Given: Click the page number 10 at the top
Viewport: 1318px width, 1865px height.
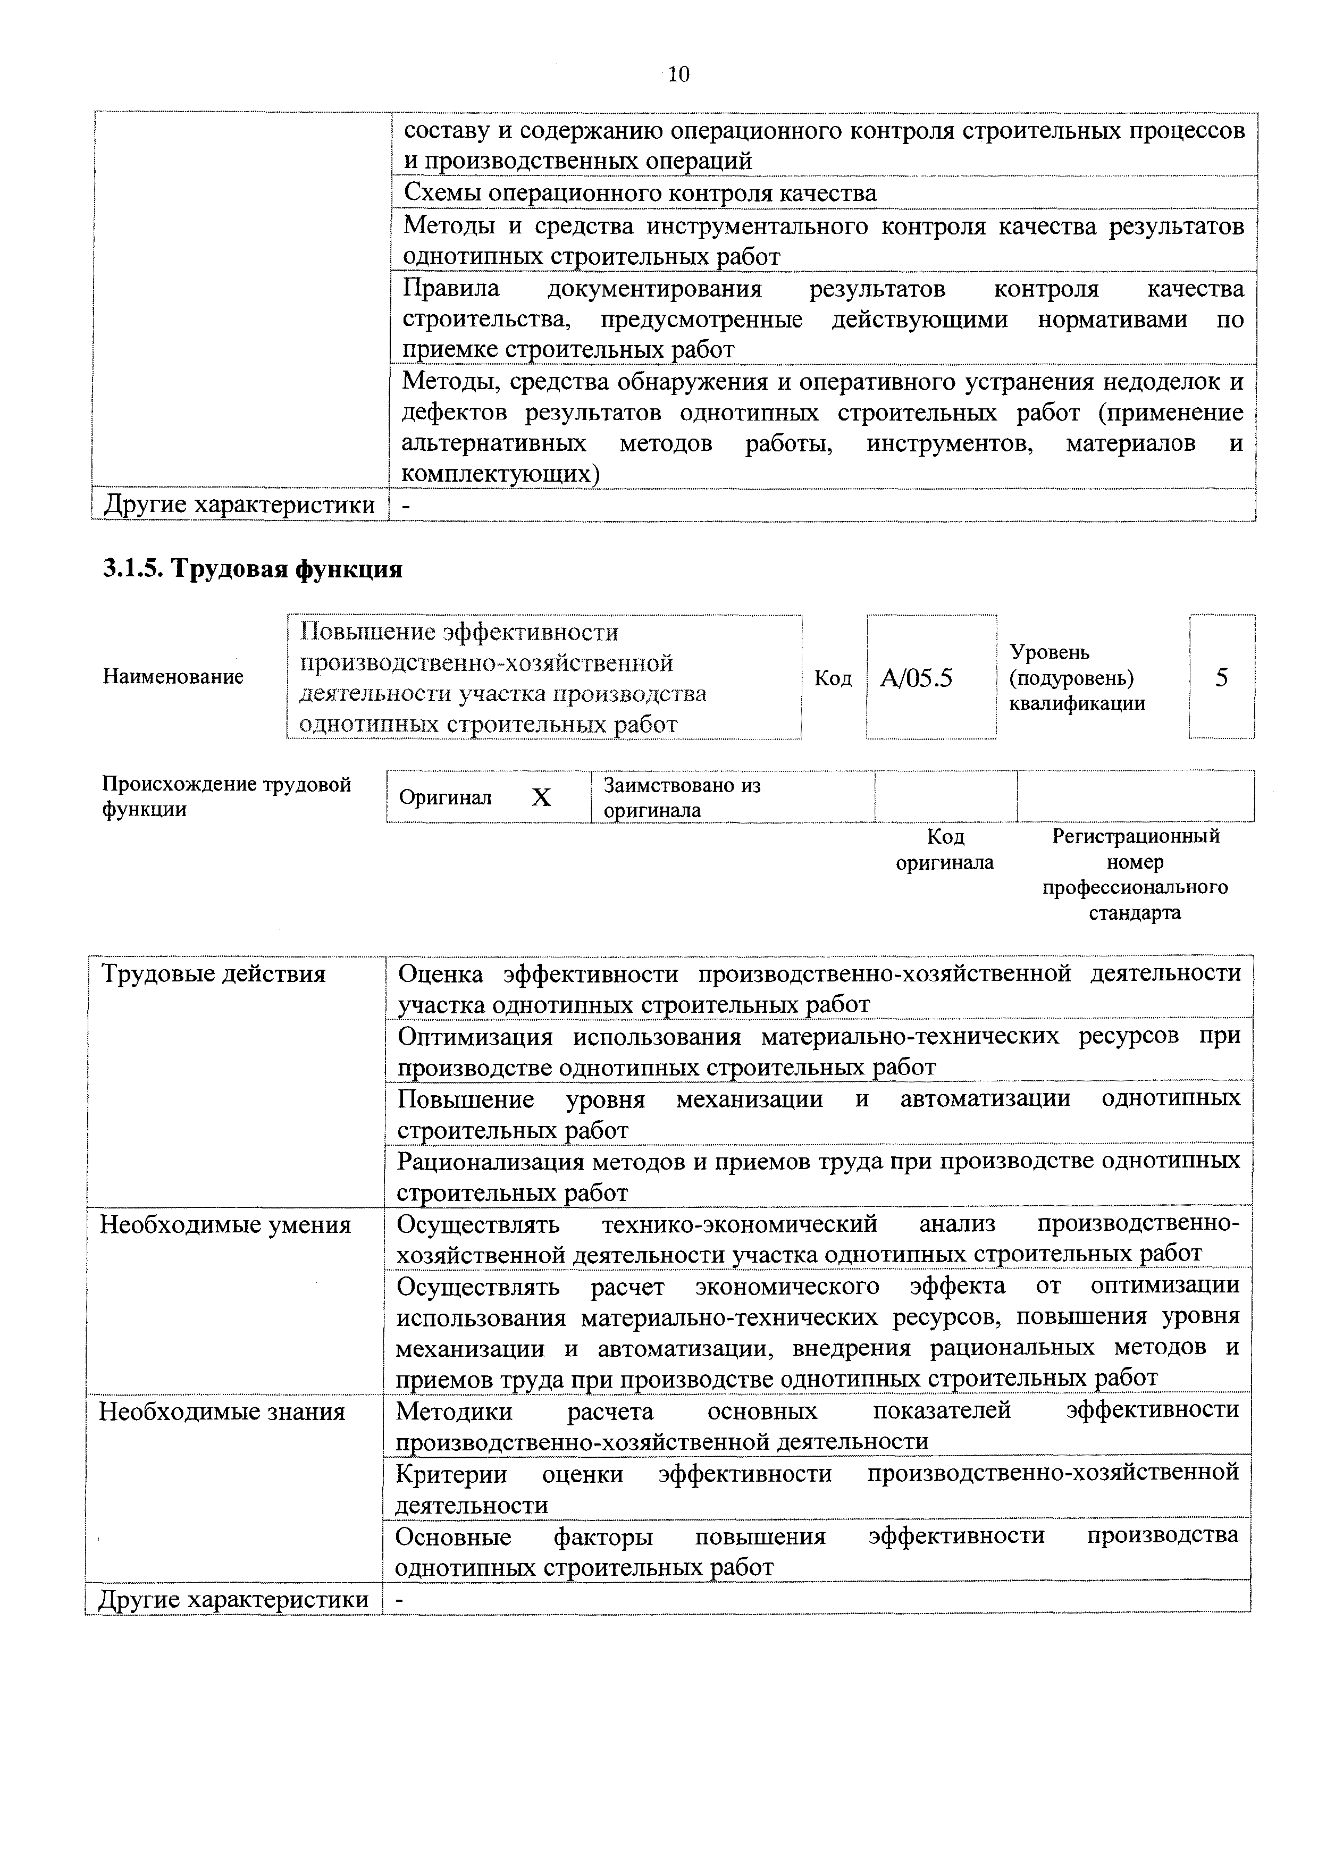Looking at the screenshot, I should pyautogui.click(x=677, y=75).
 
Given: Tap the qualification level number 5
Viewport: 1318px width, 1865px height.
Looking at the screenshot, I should pyautogui.click(x=1221, y=677).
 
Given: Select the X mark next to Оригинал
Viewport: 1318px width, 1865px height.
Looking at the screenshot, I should pyautogui.click(x=541, y=799).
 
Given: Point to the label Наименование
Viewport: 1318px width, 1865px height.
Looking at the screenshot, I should pyautogui.click(x=173, y=677).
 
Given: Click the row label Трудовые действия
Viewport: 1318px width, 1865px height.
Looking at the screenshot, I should pyautogui.click(x=213, y=974).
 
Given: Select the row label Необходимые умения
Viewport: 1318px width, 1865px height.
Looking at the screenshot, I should pyautogui.click(x=225, y=1224).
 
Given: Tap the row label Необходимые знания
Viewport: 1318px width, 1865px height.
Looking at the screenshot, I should pyautogui.click(x=222, y=1412).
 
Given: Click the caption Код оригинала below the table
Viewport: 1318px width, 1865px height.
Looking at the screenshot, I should pyautogui.click(x=944, y=850).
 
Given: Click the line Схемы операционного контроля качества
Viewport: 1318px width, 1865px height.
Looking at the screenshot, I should pyautogui.click(x=640, y=194).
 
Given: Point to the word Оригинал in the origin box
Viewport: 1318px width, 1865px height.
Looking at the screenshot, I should pyautogui.click(x=445, y=797).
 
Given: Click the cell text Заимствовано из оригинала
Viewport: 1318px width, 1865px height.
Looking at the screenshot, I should pyautogui.click(x=682, y=797).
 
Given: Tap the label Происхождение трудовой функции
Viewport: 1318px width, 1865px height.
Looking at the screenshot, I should pyautogui.click(x=226, y=797).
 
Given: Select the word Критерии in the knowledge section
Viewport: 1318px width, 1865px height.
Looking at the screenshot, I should pyautogui.click(x=451, y=1474).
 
